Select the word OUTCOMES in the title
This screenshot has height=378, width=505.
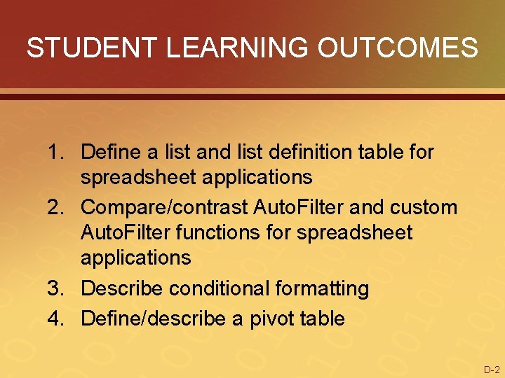[x=398, y=48]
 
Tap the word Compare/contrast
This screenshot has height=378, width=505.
[x=165, y=207]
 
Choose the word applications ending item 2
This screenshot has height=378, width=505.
[x=136, y=258]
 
